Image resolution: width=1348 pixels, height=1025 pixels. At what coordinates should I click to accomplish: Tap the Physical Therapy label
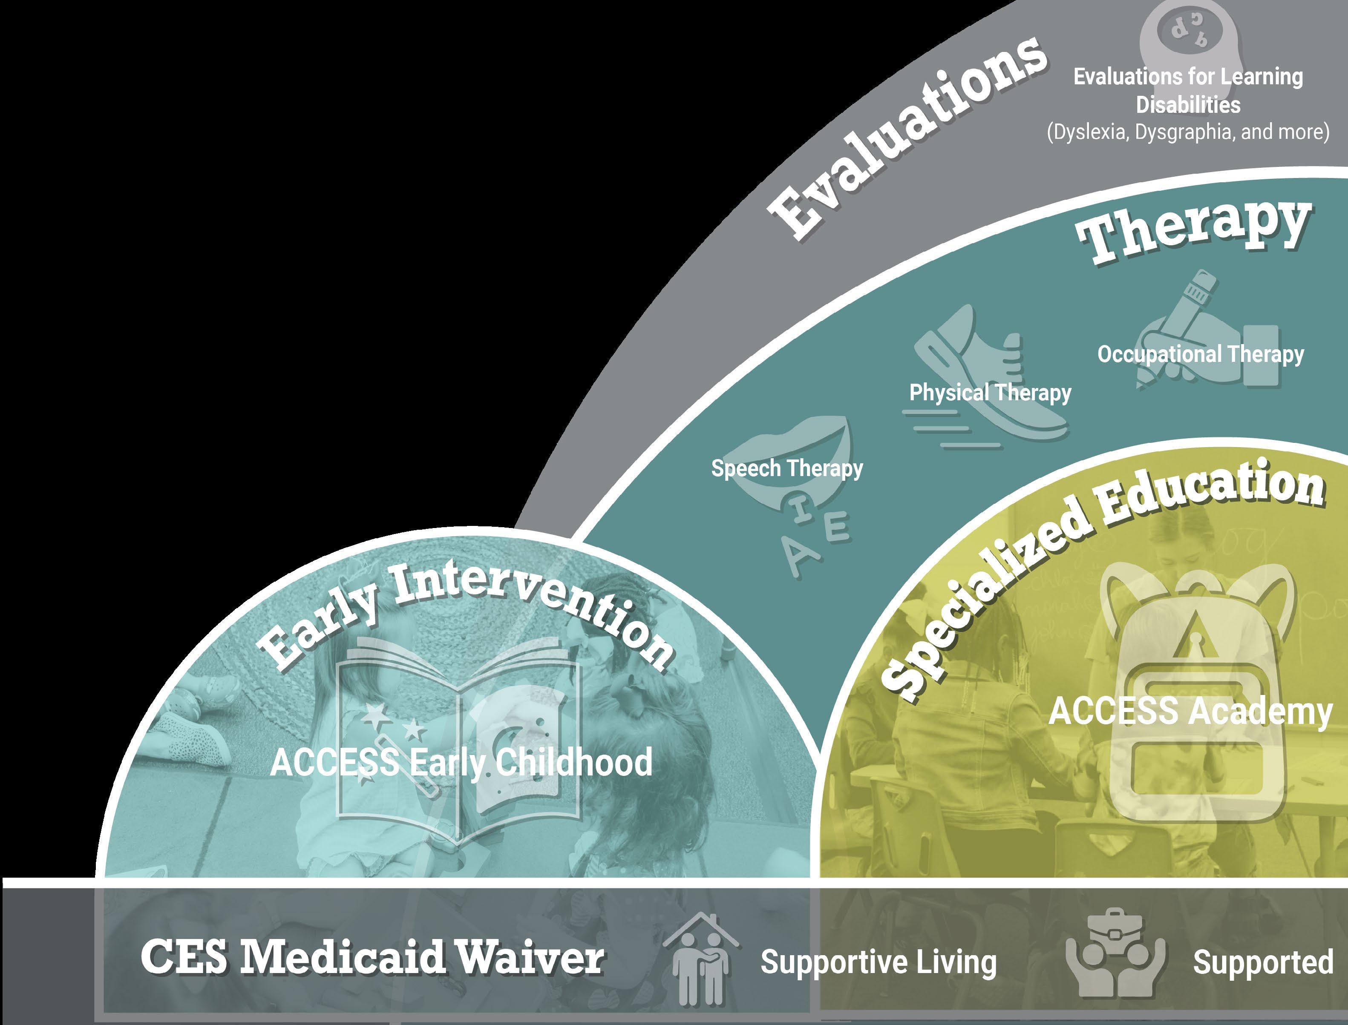(990, 392)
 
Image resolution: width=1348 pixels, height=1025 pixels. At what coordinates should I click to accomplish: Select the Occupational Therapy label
(1200, 354)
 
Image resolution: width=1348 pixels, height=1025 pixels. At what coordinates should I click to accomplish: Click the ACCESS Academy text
(1190, 712)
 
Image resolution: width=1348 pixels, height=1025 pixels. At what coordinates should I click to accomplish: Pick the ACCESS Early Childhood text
(461, 763)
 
